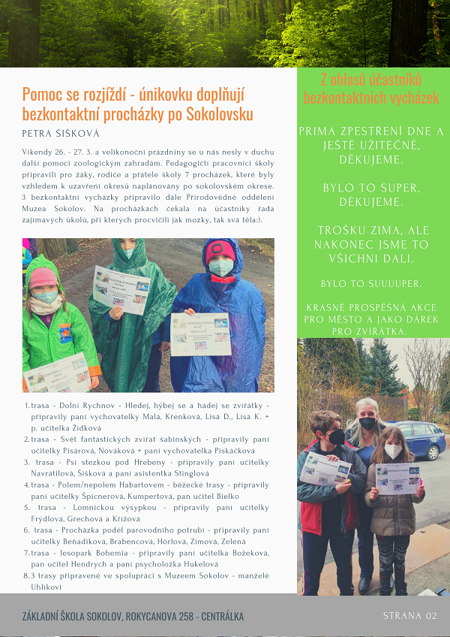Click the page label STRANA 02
[x=409, y=616]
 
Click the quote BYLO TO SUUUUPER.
[x=371, y=284]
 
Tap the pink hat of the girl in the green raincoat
[x=43, y=277]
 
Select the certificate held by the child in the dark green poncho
[x=121, y=289]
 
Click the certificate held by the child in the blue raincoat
[x=200, y=334]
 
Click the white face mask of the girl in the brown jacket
[x=393, y=451]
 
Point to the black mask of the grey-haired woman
[x=367, y=423]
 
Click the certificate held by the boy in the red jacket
[x=325, y=469]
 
